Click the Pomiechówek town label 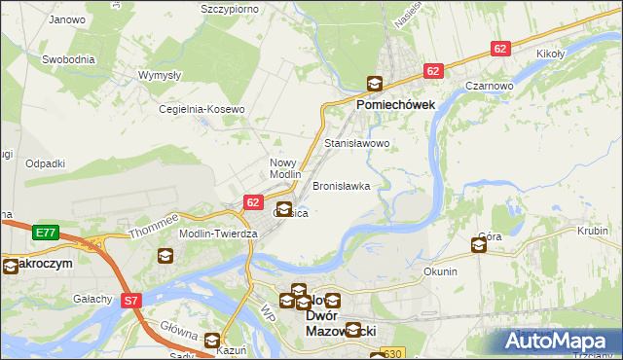coord(395,103)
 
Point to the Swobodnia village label coord(68,59)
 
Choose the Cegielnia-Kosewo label coord(202,110)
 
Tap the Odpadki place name coord(45,163)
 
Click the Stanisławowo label coord(356,143)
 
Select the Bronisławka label coord(341,186)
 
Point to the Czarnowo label coord(489,86)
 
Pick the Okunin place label coord(440,271)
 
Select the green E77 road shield coord(45,233)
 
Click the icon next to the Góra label coord(479,245)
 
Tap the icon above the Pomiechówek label coord(374,85)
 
